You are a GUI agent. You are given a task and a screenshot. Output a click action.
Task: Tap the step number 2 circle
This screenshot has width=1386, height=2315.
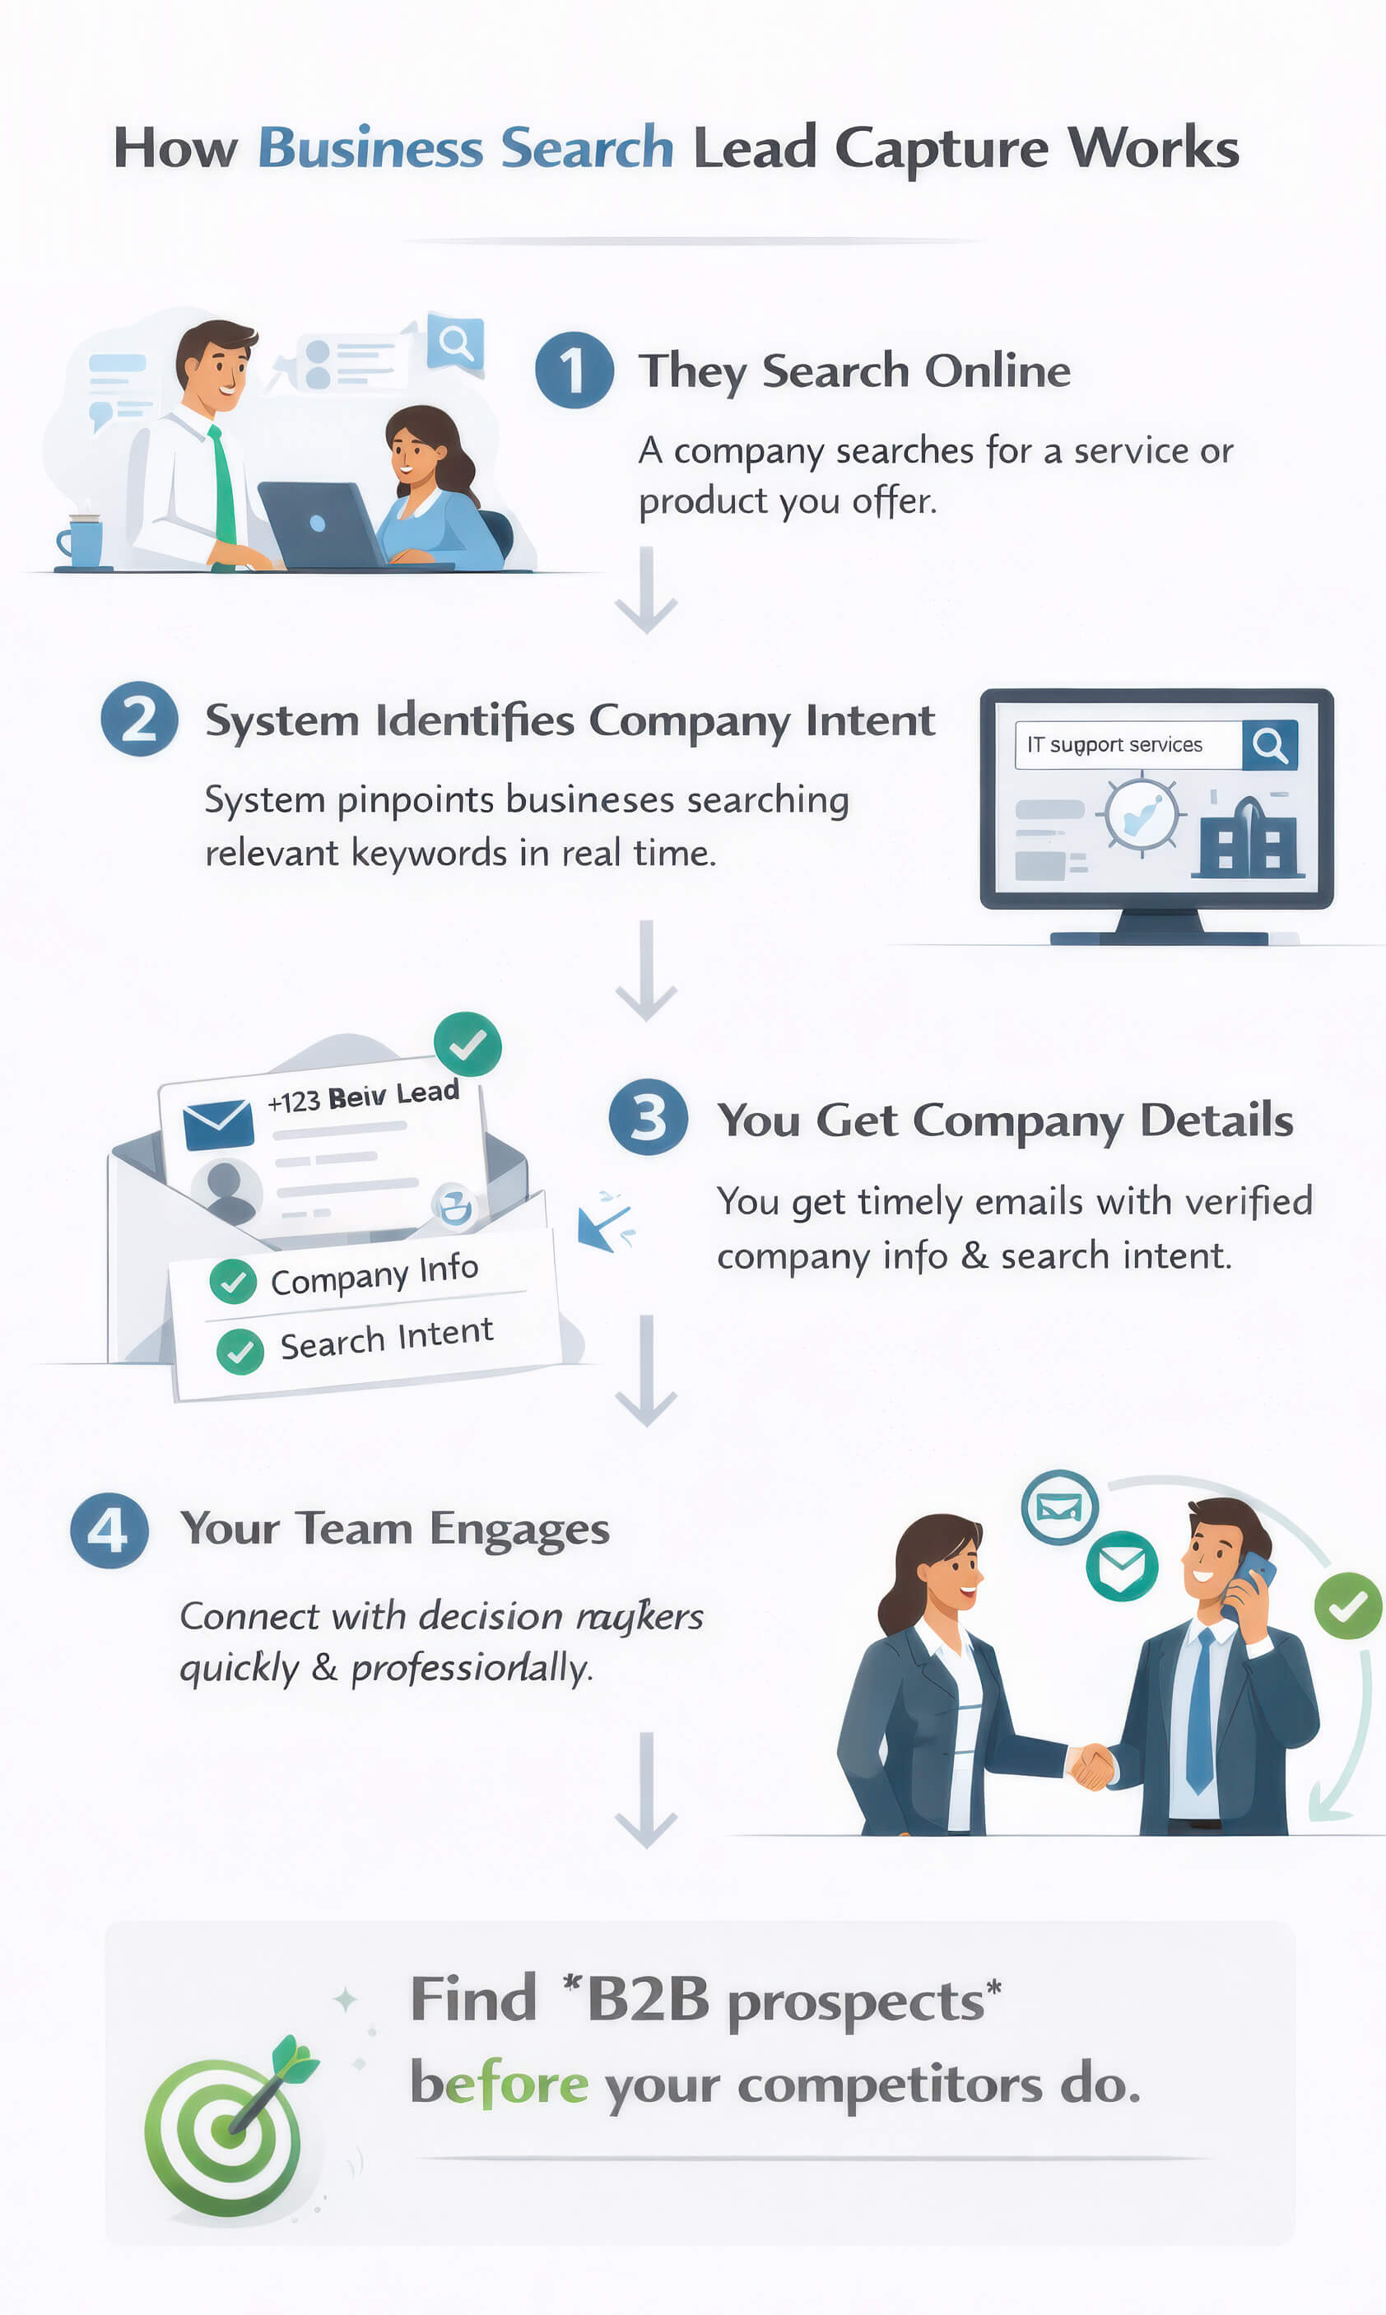pos(139,719)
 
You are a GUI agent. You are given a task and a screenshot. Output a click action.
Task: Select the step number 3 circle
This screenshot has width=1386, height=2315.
pos(649,1116)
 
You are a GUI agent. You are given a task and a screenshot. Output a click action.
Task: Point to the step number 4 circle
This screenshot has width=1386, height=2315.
pos(109,1530)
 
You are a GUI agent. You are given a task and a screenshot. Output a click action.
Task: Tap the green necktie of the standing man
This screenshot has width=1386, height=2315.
pos(223,486)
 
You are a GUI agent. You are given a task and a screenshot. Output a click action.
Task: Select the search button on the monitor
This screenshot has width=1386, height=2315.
pos(1269,744)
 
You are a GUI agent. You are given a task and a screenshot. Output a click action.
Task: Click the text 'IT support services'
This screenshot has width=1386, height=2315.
pos(1114,744)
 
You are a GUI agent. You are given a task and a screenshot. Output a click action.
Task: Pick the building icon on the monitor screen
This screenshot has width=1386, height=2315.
pos(1247,838)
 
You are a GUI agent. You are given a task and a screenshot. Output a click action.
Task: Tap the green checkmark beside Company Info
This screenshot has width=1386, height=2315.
pos(233,1281)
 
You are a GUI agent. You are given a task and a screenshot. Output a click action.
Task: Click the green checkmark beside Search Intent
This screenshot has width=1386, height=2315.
pos(240,1351)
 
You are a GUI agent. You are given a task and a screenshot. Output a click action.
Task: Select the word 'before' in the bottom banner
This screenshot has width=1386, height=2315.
pos(499,2084)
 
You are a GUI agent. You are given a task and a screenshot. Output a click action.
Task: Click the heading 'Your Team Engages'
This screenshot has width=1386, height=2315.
pos(395,1530)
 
